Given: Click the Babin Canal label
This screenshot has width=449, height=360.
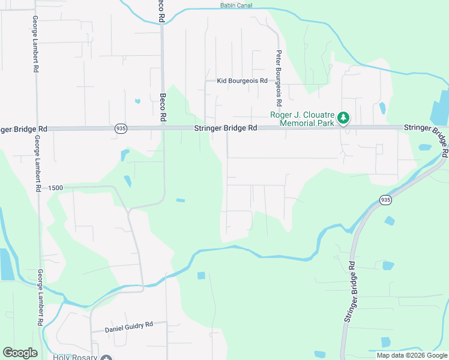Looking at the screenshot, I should (x=235, y=5).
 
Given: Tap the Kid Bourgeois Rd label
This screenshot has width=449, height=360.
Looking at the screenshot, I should (x=242, y=80).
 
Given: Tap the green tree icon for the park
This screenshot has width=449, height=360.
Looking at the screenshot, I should (x=343, y=118).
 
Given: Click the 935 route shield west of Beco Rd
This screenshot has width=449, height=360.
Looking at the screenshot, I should (x=121, y=128).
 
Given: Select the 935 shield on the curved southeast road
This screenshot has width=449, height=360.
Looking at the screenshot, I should (x=385, y=200).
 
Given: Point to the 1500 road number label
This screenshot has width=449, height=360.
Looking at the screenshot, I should (x=56, y=188).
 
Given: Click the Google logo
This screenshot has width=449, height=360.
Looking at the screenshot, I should (x=20, y=353).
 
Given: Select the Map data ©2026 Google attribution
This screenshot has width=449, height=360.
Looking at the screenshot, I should (x=412, y=355).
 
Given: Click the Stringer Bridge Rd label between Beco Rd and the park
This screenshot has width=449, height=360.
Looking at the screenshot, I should (x=225, y=128).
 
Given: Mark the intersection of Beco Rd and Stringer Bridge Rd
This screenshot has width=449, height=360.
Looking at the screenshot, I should (x=163, y=128).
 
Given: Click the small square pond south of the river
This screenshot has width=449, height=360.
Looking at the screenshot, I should (x=201, y=275).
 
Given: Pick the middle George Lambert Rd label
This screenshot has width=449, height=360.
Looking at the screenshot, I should (x=37, y=163).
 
